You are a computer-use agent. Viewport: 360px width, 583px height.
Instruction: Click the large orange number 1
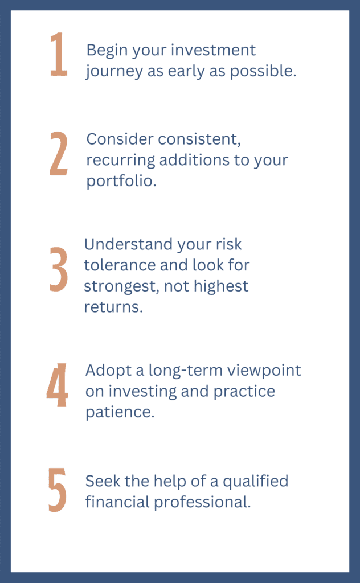[x=59, y=54]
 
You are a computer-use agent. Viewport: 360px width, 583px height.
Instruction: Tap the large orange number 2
[x=59, y=153]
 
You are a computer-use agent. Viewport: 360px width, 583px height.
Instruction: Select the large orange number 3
[x=59, y=269]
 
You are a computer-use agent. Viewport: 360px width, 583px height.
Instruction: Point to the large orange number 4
[x=58, y=385]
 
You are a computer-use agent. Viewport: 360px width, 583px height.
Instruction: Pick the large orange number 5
[x=58, y=490]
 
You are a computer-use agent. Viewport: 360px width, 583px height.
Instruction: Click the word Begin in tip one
[x=107, y=51]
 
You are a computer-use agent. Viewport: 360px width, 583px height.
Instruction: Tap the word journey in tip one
[x=114, y=72]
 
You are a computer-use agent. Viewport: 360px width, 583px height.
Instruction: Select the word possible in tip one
[x=263, y=71]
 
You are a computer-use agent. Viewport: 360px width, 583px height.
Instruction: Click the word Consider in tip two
[x=120, y=139]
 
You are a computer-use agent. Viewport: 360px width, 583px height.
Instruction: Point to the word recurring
[x=121, y=161]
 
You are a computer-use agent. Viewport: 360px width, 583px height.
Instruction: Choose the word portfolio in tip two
[x=121, y=181]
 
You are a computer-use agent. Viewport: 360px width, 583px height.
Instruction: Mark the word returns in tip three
[x=113, y=307]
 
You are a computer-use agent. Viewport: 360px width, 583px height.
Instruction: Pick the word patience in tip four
[x=120, y=412]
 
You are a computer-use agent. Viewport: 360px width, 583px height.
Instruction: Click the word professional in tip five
[x=202, y=502]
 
